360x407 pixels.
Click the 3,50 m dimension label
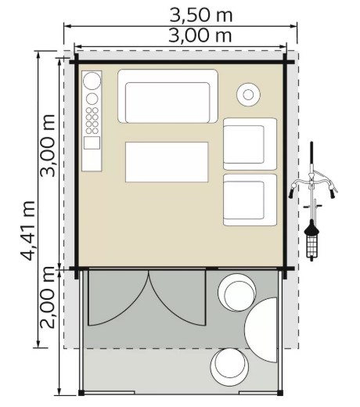click(x=201, y=15)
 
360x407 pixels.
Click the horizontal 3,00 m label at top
click(x=200, y=35)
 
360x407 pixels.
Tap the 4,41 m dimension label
click(x=28, y=231)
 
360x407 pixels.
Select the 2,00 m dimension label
click(x=47, y=298)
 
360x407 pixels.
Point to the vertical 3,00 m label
click(x=47, y=146)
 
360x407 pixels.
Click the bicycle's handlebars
click(x=313, y=185)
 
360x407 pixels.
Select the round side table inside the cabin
click(x=248, y=95)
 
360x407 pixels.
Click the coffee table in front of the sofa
click(x=167, y=162)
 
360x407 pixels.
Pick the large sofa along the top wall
click(x=167, y=96)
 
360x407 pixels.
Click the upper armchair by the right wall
click(x=250, y=144)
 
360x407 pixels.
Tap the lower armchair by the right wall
click(x=250, y=200)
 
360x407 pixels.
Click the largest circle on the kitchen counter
click(x=92, y=81)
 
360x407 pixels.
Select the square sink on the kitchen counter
click(x=92, y=142)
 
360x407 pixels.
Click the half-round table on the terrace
click(x=261, y=330)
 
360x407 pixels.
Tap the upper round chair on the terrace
click(x=237, y=292)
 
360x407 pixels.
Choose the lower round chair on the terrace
click(x=229, y=367)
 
